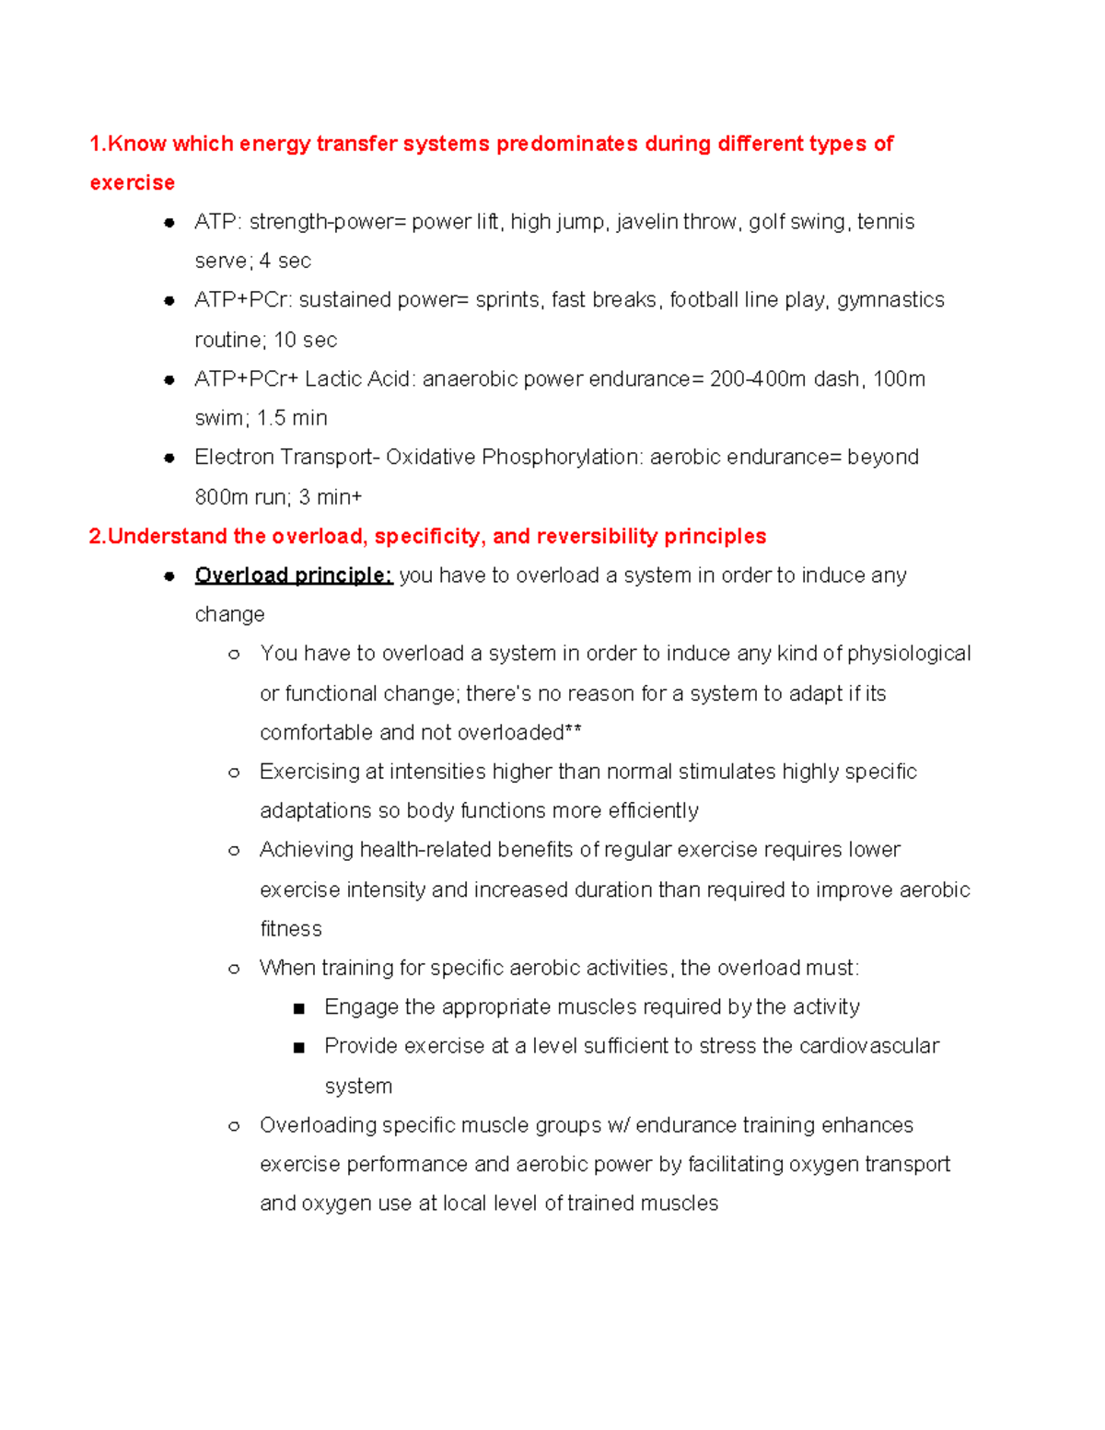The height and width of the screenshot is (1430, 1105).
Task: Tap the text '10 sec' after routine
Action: click(305, 340)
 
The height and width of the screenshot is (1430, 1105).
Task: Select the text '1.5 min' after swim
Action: click(292, 418)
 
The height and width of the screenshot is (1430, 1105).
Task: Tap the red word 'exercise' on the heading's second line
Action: click(132, 183)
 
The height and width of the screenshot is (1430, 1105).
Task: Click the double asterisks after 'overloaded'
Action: click(573, 732)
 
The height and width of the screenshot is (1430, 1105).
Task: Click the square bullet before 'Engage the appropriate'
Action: click(298, 1008)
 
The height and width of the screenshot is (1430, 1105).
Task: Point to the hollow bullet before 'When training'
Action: click(234, 969)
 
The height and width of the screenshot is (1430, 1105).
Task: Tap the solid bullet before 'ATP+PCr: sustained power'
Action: click(169, 301)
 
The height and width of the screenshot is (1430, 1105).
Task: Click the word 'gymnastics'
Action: click(890, 300)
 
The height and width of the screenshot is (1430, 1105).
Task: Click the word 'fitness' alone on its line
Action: click(291, 929)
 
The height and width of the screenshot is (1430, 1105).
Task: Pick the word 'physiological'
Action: click(908, 654)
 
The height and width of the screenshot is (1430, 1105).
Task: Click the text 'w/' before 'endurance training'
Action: click(618, 1125)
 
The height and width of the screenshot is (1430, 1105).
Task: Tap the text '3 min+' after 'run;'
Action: click(331, 497)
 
